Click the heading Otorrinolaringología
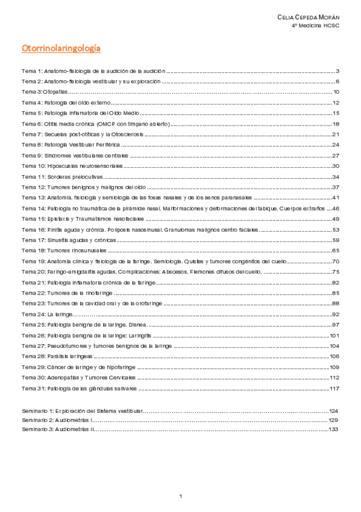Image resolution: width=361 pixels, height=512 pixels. pos(61,47)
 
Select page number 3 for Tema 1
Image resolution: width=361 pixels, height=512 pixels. pos(338,71)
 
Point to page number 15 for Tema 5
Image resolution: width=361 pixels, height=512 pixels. pos(336,113)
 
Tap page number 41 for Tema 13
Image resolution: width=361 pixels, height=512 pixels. pos(336,197)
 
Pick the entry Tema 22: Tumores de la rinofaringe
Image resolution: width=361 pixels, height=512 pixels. pos(68,293)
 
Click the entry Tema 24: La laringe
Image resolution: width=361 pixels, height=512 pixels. pos(47,314)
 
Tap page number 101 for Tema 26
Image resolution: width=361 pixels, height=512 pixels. pos(335,335)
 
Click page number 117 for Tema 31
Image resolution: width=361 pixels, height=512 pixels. pos(335,388)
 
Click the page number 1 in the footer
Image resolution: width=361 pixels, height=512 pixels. pos(181,496)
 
